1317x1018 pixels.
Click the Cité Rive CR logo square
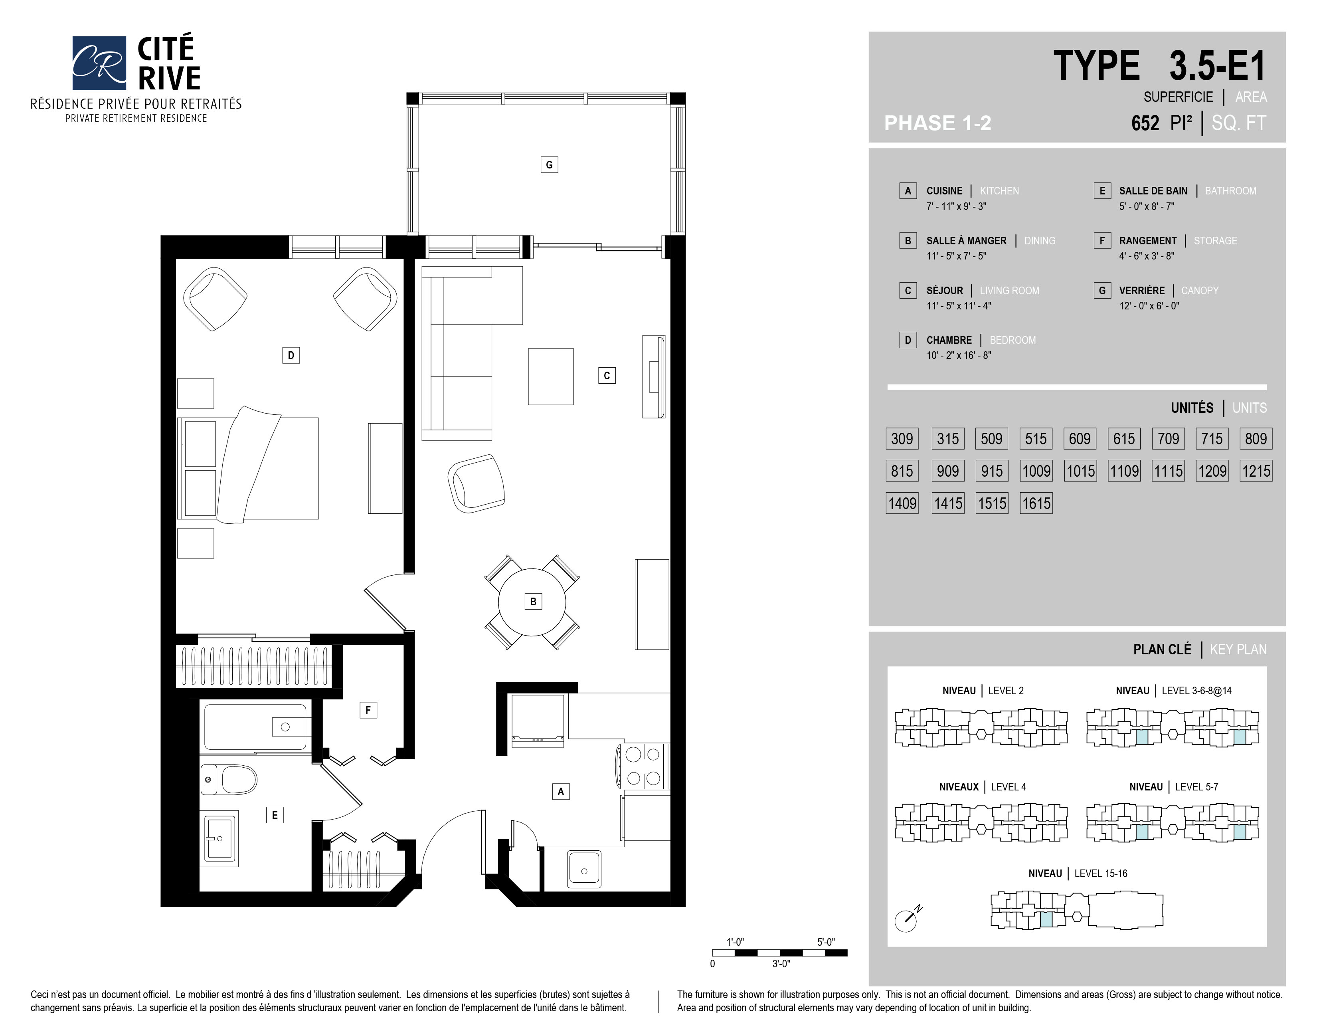(x=99, y=63)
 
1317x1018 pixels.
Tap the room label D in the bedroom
(x=291, y=355)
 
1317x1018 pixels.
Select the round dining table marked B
(x=532, y=602)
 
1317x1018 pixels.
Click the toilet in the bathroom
(x=229, y=780)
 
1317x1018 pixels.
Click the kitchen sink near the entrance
(x=584, y=869)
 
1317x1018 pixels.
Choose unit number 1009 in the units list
(x=1036, y=471)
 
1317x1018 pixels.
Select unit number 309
(x=902, y=438)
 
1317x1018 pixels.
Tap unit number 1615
(x=1036, y=503)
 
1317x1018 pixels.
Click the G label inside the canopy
(x=549, y=164)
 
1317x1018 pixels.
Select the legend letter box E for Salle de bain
(x=1102, y=190)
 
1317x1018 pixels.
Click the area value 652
(x=1145, y=123)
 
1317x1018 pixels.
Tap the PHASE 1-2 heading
(x=938, y=123)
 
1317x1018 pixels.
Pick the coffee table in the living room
(x=551, y=376)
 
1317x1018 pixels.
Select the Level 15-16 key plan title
(x=1078, y=873)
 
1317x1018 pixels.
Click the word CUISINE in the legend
(x=944, y=190)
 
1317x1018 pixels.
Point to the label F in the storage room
(x=368, y=710)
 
